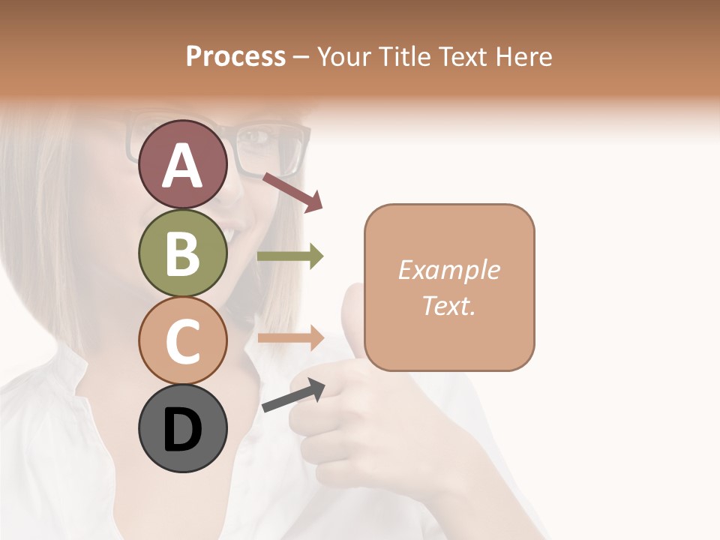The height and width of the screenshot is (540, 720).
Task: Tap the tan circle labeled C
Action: click(x=183, y=340)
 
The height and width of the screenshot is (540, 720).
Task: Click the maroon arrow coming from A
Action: click(x=292, y=192)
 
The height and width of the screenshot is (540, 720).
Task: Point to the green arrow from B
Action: click(x=290, y=256)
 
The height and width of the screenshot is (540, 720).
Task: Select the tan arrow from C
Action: click(x=290, y=337)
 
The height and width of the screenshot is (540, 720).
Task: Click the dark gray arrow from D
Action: click(x=293, y=395)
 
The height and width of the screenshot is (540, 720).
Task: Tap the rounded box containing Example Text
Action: click(x=449, y=288)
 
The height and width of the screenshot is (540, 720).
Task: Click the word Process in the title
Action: click(x=235, y=56)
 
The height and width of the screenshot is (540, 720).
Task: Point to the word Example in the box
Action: click(x=448, y=270)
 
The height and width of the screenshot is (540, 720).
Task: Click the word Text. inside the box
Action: click(x=448, y=306)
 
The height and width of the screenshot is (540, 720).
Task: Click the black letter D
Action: click(x=183, y=430)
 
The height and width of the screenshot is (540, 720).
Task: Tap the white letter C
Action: click(x=183, y=340)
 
